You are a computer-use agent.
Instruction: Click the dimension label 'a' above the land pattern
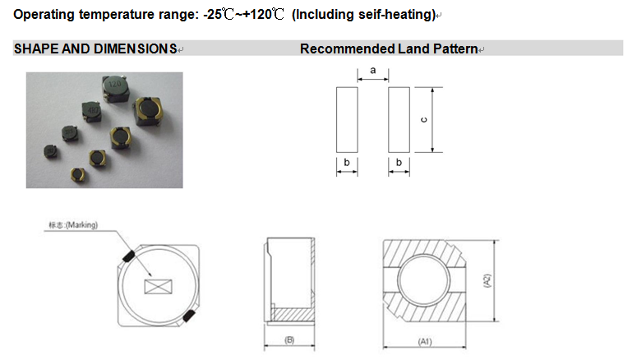373,71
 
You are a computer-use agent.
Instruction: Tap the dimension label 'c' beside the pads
424,120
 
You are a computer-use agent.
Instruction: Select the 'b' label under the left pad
347,163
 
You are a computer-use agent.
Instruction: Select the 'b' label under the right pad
399,163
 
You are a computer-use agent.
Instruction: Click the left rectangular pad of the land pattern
347,120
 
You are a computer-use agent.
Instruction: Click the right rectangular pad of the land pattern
399,120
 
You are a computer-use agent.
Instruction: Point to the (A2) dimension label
487,281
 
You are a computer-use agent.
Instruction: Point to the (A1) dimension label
425,341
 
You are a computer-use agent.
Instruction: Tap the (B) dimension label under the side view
289,340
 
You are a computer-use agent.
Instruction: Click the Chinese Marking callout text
73,224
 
